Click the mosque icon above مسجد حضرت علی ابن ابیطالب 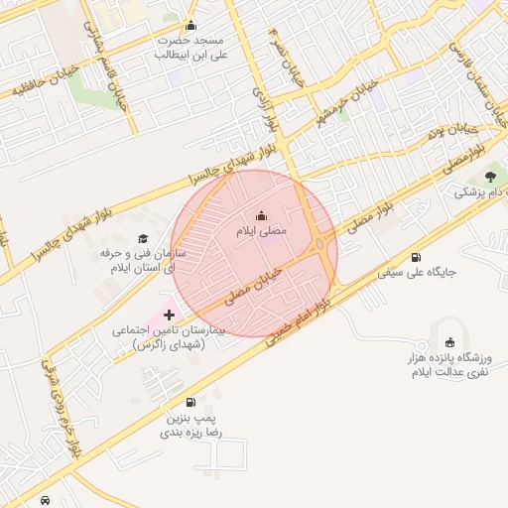click(x=191, y=26)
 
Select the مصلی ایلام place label click(x=261, y=230)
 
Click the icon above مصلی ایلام click(x=261, y=214)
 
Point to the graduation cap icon click(x=144, y=239)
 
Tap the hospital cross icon click(x=169, y=315)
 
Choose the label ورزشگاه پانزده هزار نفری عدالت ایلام click(x=445, y=364)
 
